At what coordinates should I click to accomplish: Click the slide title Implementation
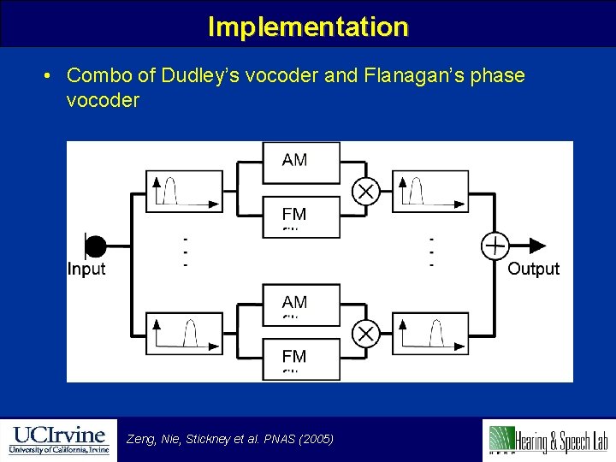[x=308, y=27]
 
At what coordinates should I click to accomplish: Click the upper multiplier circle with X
[x=366, y=191]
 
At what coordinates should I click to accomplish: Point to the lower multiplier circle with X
[x=366, y=334]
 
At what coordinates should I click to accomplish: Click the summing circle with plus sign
[x=495, y=246]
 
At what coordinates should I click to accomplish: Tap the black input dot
[x=95, y=246]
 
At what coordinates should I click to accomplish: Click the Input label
[x=86, y=269]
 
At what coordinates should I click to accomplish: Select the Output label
[x=533, y=269]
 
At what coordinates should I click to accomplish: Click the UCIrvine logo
[x=58, y=439]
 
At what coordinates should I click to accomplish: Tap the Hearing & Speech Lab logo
[x=548, y=439]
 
